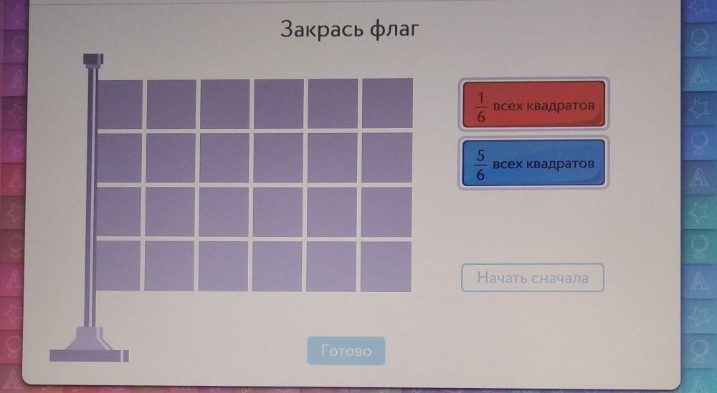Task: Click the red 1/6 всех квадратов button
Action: coord(533,105)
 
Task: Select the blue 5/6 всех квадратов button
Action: coord(533,163)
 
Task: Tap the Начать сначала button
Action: coord(532,278)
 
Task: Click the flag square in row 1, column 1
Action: coord(119,105)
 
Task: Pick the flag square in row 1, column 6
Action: coord(387,103)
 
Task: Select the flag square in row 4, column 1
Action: coord(118,266)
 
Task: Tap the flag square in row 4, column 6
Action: coord(386,266)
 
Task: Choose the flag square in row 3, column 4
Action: coord(277,212)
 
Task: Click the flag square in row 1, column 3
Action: coord(225,104)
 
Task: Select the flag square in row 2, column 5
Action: coord(333,158)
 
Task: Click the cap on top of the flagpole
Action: coord(93,59)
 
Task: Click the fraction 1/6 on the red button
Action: coord(480,107)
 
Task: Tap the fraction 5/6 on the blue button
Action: coord(480,165)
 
